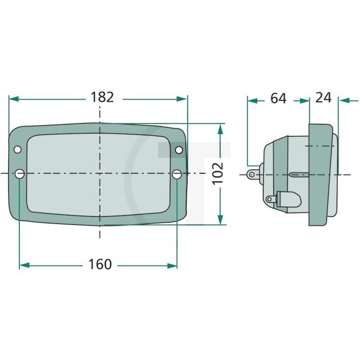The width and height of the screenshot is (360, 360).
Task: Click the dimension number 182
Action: [x=102, y=97]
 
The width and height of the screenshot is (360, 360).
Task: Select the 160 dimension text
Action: [x=100, y=264]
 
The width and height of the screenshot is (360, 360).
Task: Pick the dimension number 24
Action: [x=323, y=98]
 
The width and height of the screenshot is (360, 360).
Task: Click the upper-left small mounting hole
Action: [x=17, y=150]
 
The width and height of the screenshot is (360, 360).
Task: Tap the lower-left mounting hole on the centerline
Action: [x=20, y=174]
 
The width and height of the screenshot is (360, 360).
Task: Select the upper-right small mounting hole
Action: [x=179, y=150]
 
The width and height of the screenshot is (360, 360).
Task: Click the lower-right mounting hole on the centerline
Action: [x=177, y=174]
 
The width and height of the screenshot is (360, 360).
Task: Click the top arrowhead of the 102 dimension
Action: [x=220, y=129]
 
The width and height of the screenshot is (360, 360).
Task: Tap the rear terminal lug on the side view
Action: [x=254, y=174]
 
